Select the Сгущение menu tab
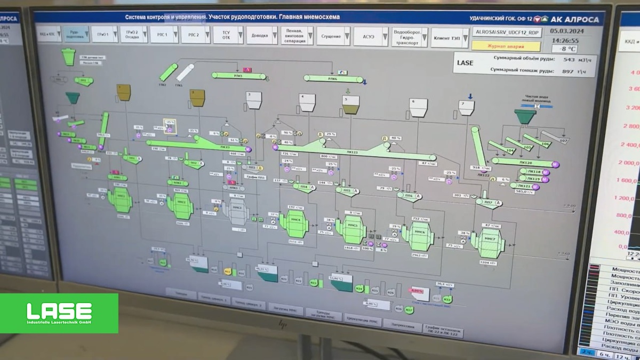click(x=331, y=36)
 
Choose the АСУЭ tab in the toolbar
click(x=369, y=36)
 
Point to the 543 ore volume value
click(x=568, y=60)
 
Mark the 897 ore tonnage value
click(x=567, y=71)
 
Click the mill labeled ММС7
click(x=487, y=243)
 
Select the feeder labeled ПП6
click(x=410, y=196)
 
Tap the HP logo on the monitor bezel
click(x=283, y=324)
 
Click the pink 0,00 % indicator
click(x=418, y=291)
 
